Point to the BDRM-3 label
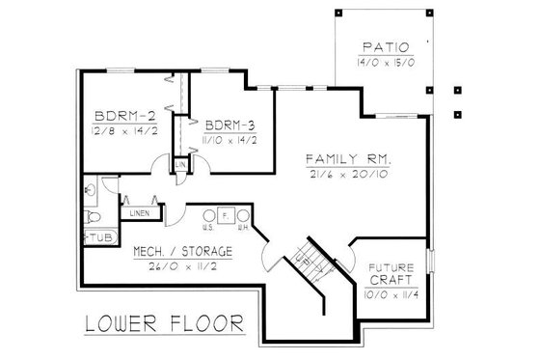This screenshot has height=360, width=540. [229, 124]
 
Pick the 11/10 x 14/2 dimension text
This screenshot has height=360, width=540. [230, 140]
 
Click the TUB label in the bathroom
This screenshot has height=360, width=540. [100, 236]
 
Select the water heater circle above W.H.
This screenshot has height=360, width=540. [244, 216]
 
